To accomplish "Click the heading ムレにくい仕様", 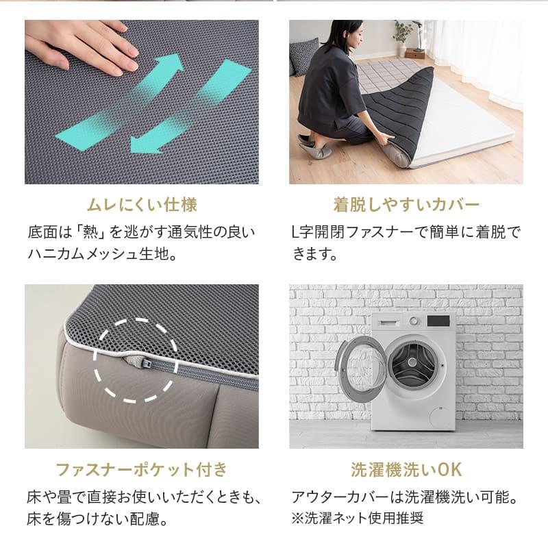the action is coord(142,205).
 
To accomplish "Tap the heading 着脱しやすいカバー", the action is coord(406,205).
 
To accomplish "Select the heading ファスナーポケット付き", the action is coord(142,469).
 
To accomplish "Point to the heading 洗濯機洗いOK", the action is coord(406,469).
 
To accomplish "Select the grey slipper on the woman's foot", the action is coord(314,149).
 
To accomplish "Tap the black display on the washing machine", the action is coord(438,321).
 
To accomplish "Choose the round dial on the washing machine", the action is coord(414,321).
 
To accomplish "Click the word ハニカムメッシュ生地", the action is coord(102,254).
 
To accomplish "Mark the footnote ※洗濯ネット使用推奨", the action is coord(357,518).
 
